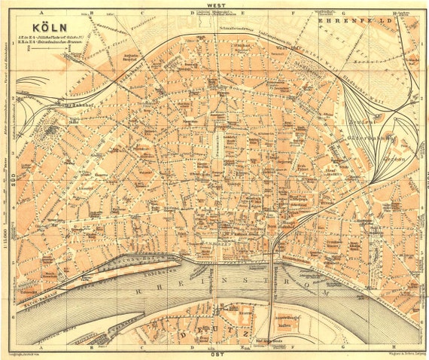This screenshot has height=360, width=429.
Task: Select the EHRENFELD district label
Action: click(353, 23)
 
